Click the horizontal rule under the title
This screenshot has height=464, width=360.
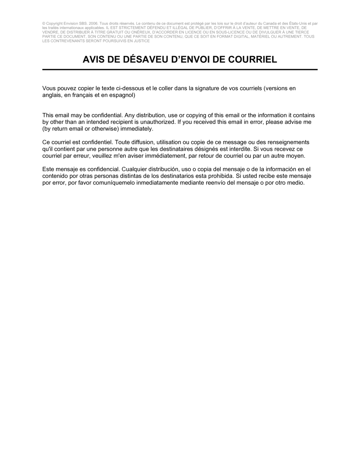point(180,69)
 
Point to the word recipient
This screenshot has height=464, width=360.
point(117,122)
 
